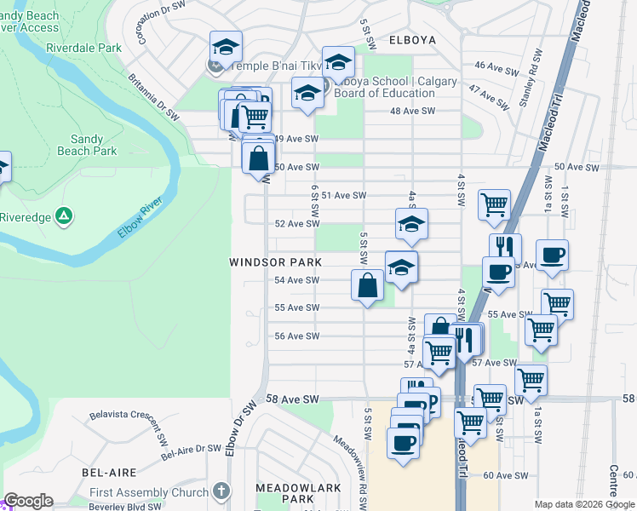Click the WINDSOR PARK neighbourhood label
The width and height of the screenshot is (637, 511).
(x=275, y=262)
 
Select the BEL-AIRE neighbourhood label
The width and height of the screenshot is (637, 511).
(x=110, y=471)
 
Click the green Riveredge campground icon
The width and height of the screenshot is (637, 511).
(x=63, y=216)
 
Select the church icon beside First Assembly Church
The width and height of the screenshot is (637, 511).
(x=221, y=491)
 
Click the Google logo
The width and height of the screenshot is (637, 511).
(x=28, y=501)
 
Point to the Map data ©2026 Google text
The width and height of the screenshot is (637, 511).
(x=583, y=504)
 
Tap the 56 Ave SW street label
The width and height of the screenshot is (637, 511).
(x=296, y=336)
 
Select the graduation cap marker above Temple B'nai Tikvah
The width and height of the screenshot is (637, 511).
(x=226, y=47)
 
